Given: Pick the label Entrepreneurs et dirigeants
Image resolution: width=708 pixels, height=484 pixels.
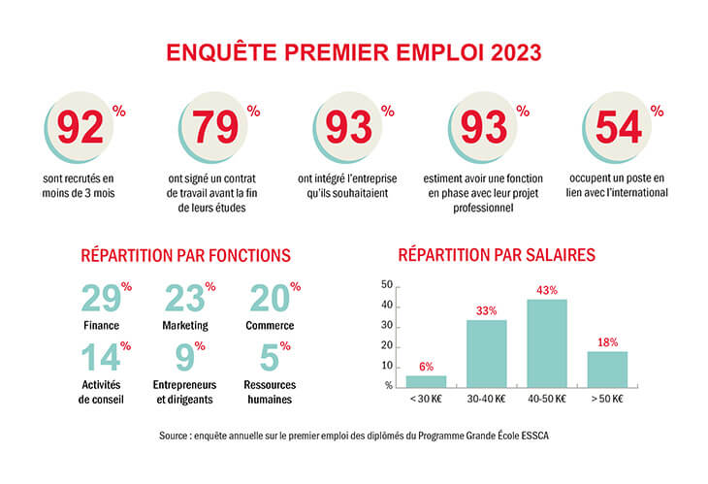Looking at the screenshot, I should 186,391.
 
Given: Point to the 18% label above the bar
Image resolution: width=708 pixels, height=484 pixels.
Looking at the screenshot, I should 607,341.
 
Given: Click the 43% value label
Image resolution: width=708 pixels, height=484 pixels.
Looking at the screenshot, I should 547,290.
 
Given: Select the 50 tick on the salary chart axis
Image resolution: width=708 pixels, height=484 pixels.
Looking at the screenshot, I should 387,285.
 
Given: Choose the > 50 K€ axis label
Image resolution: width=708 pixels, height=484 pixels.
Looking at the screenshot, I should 607,400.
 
